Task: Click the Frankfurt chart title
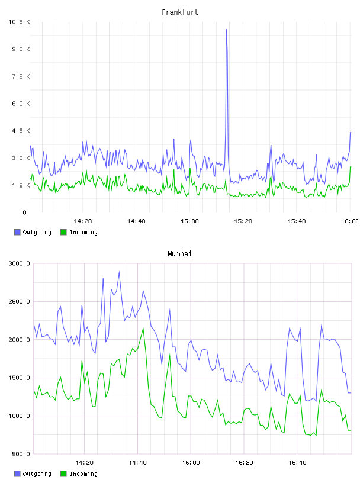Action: point(180,12)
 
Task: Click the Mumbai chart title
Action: point(179,254)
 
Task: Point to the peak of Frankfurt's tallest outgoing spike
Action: point(227,30)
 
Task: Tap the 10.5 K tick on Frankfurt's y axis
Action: point(19,22)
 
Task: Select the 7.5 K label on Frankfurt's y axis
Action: point(21,76)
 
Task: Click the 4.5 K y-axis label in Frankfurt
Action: point(21,131)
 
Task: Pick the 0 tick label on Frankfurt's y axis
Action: point(25,212)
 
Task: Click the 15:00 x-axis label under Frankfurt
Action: point(189,221)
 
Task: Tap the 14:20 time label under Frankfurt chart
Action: point(83,221)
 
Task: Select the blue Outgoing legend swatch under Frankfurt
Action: point(17,232)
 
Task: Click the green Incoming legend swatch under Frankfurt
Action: point(63,232)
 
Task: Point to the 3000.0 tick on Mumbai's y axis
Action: point(20,263)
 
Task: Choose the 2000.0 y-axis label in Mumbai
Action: point(20,340)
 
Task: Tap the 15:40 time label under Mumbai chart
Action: point(297,463)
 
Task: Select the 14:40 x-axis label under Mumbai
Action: point(137,463)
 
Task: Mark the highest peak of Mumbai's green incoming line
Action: point(143,328)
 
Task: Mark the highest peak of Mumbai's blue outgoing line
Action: point(119,272)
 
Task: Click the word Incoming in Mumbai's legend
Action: point(83,474)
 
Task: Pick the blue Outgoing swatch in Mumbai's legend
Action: point(17,474)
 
